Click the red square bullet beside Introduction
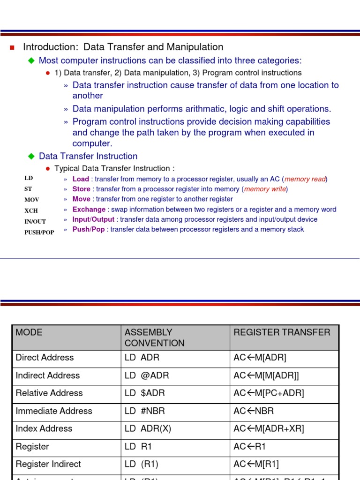click(13, 47)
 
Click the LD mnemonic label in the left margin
click(29, 178)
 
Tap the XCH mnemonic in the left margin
click(32, 210)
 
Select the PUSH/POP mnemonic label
click(39, 232)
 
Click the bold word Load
click(81, 179)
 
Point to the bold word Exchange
click(89, 210)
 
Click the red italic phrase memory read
click(305, 179)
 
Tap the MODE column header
click(29, 332)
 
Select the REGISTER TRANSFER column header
click(282, 332)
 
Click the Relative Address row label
click(49, 393)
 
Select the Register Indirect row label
click(48, 464)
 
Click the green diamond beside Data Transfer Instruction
click(31, 156)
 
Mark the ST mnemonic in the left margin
click(29, 189)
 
